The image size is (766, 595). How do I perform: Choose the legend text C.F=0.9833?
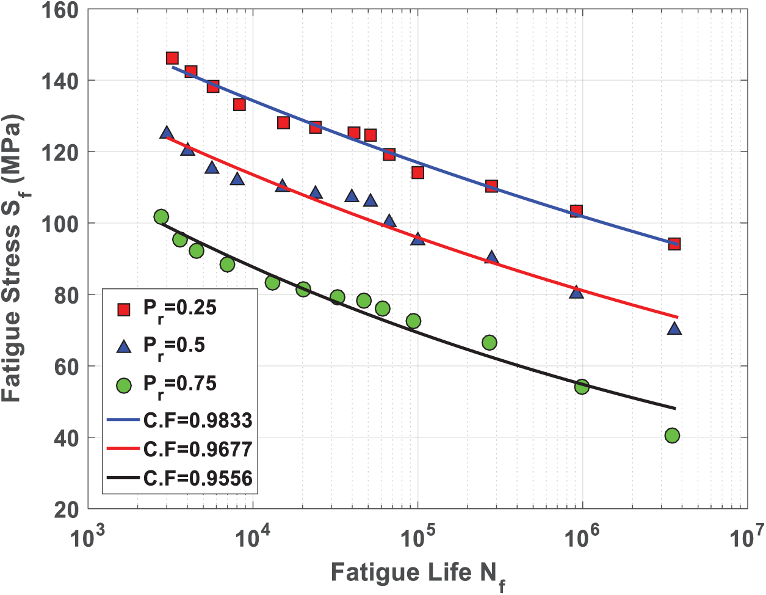pos(198,421)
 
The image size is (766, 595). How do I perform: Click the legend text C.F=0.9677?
pos(198,450)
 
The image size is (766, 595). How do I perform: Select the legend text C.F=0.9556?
pos(198,478)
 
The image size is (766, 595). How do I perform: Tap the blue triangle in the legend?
pos(124,347)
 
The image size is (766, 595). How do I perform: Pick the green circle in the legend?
pos(124,385)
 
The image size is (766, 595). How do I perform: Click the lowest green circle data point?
pos(672,436)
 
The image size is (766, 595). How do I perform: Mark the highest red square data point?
pos(172,58)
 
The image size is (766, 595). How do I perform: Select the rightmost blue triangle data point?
pos(674,329)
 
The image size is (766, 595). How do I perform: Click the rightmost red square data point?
pos(674,244)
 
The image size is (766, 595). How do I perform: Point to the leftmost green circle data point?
pos(161,217)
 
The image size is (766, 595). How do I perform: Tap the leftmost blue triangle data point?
pos(167,133)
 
